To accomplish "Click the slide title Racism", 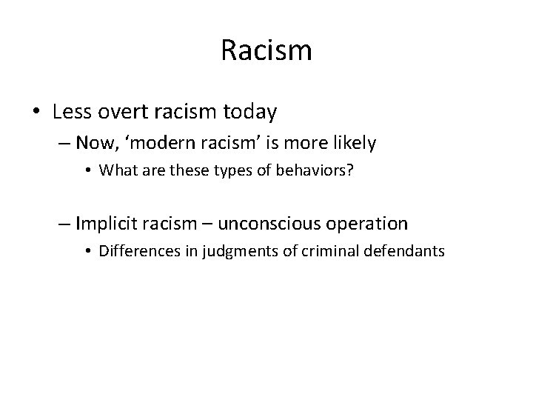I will click(266, 51).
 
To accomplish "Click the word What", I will click(115, 170).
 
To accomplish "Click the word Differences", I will click(133, 250).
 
